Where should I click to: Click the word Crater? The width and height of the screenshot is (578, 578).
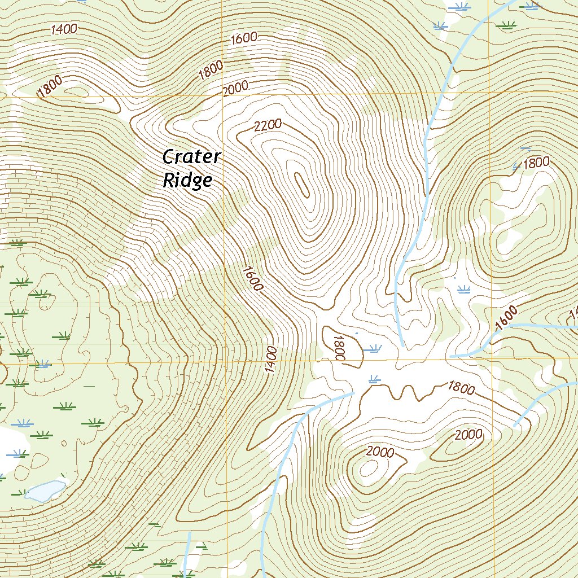191,156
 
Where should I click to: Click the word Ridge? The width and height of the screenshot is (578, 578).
187,180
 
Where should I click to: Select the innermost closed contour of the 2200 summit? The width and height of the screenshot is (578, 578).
302,185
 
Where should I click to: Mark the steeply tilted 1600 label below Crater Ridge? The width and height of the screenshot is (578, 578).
252,278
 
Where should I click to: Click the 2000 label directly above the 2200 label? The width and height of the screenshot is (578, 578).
235,89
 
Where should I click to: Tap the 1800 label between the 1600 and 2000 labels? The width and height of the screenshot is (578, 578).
211,70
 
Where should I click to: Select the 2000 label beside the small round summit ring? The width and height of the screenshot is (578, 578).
380,452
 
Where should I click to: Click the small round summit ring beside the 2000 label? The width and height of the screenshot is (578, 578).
369,467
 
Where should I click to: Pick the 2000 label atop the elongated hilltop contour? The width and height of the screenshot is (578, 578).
468,434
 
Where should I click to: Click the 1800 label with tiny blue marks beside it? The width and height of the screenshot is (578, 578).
536,164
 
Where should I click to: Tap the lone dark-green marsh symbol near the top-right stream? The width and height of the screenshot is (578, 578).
505,24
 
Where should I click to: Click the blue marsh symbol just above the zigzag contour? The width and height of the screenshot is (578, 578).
373,379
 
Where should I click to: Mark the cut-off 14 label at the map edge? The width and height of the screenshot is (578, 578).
573,313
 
